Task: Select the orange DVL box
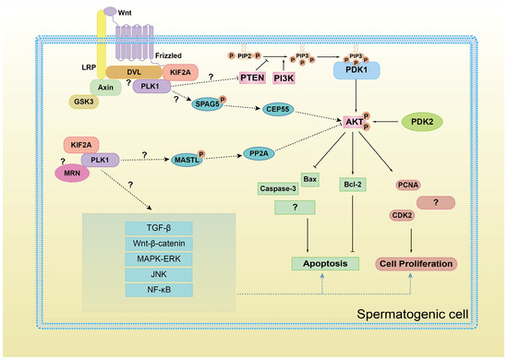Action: [x=134, y=70]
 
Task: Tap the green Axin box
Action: [x=106, y=86]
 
